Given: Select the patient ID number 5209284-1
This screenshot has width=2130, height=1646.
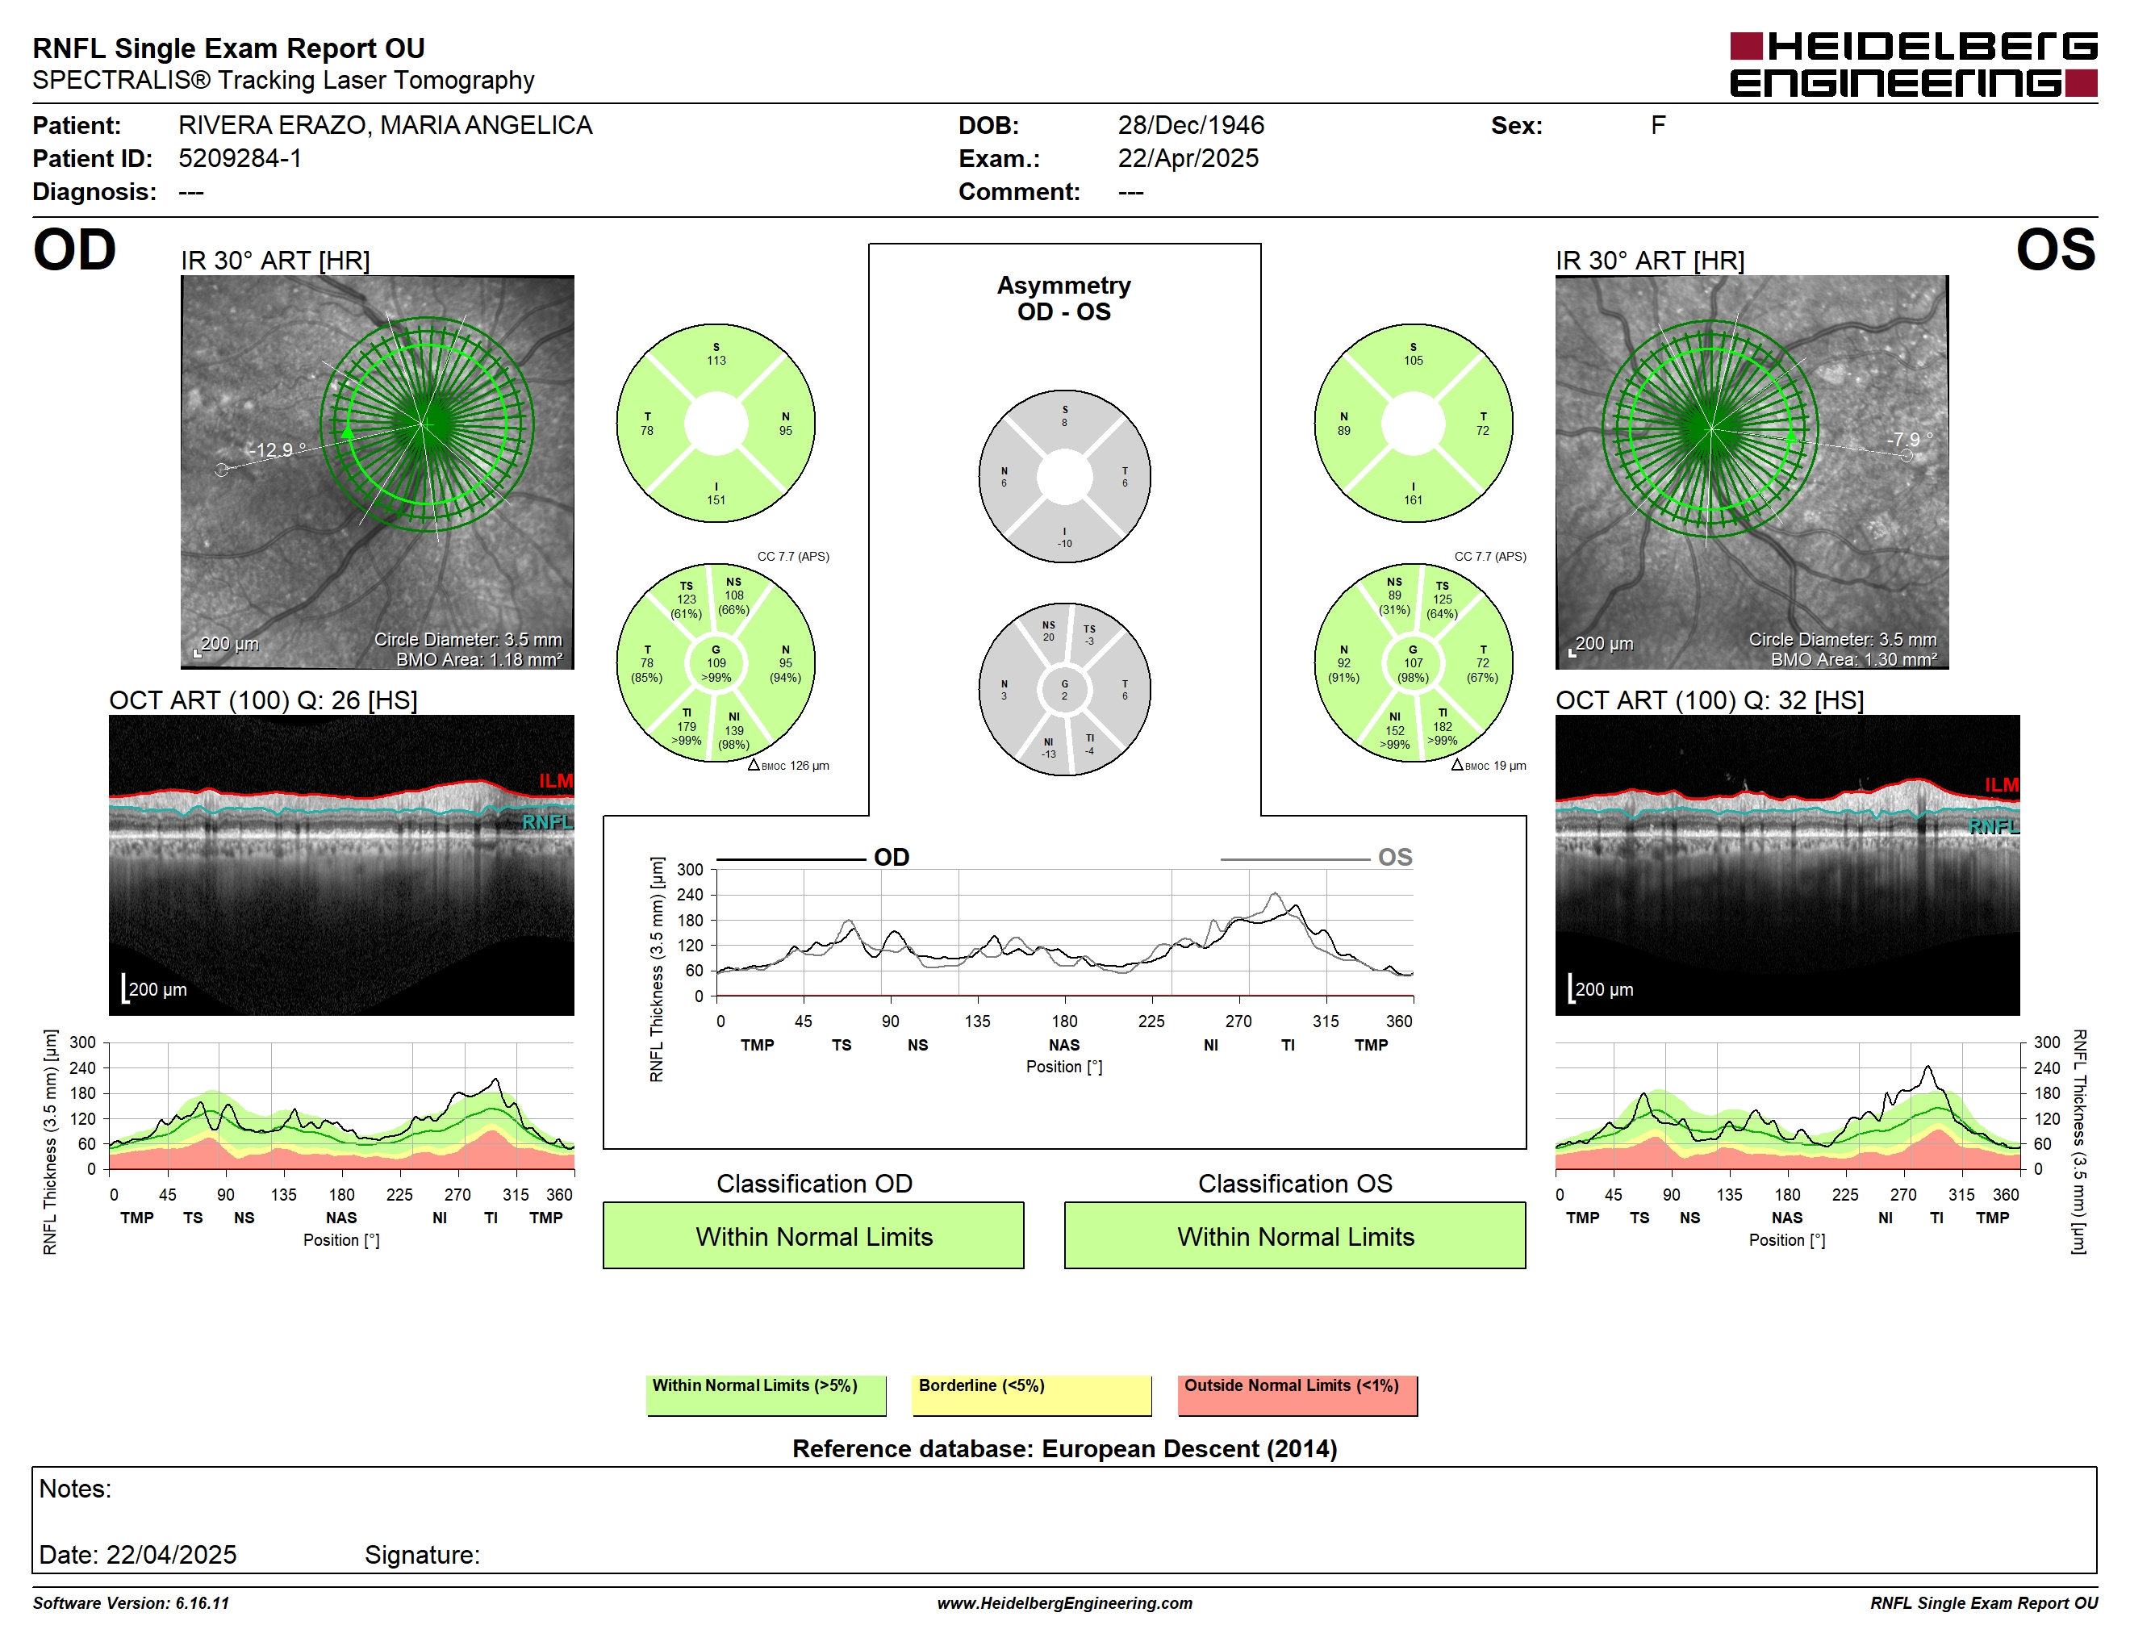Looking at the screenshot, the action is click(240, 158).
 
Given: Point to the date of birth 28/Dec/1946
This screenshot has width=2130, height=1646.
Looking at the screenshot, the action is click(1190, 125).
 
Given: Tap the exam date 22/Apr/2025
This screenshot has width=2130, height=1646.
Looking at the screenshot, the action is click(1188, 158).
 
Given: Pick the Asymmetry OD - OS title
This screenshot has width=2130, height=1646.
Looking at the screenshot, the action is click(1064, 299).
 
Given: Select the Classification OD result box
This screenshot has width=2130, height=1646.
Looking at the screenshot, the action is click(813, 1235).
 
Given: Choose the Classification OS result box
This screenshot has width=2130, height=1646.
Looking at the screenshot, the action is click(1295, 1235).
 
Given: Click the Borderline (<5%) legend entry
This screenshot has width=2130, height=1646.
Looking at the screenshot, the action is click(1032, 1394).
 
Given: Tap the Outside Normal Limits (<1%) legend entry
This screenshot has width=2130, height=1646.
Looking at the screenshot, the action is click(1297, 1394).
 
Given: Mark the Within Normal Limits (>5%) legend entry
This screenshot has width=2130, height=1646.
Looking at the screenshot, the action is click(766, 1394).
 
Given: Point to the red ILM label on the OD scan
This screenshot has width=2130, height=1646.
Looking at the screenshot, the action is click(556, 781).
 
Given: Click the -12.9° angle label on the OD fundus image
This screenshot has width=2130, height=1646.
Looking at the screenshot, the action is click(277, 449).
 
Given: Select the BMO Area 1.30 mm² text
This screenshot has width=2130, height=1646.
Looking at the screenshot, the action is click(1854, 659).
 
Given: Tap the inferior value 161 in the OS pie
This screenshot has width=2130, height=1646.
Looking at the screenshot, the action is click(1414, 500).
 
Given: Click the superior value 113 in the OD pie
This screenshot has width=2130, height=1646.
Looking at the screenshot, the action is click(716, 361).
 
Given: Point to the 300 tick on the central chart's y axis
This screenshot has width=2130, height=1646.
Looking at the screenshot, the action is click(690, 870).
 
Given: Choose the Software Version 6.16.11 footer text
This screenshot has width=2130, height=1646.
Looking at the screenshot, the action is click(131, 1603).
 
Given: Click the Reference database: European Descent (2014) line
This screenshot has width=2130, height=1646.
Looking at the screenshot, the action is click(1064, 1449).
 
